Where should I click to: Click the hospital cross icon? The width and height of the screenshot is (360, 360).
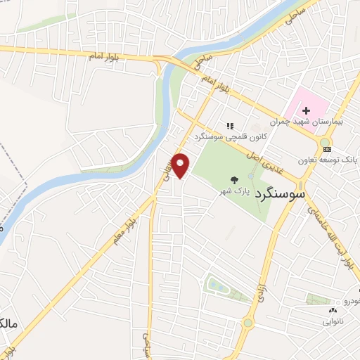coord(307,110)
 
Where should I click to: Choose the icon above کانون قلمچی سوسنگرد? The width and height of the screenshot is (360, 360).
coord(229,127)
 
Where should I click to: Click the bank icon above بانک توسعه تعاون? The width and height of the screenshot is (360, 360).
coord(325,148)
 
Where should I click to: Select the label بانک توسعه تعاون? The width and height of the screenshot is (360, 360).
coord(329,160)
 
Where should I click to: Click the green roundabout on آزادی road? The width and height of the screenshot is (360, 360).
coord(248,323)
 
